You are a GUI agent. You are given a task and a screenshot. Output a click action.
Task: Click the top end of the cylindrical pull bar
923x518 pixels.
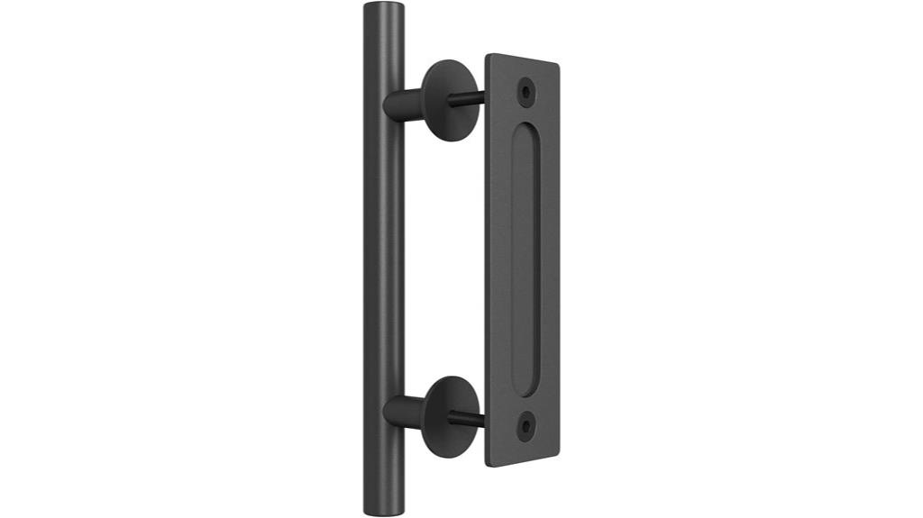coord(385,11)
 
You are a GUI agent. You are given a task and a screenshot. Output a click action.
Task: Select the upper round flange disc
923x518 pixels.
coord(449,100)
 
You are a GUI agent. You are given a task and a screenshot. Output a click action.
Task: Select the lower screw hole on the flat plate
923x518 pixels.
coord(525,423)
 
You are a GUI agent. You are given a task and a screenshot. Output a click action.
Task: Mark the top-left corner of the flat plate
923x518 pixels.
coord(488,56)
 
